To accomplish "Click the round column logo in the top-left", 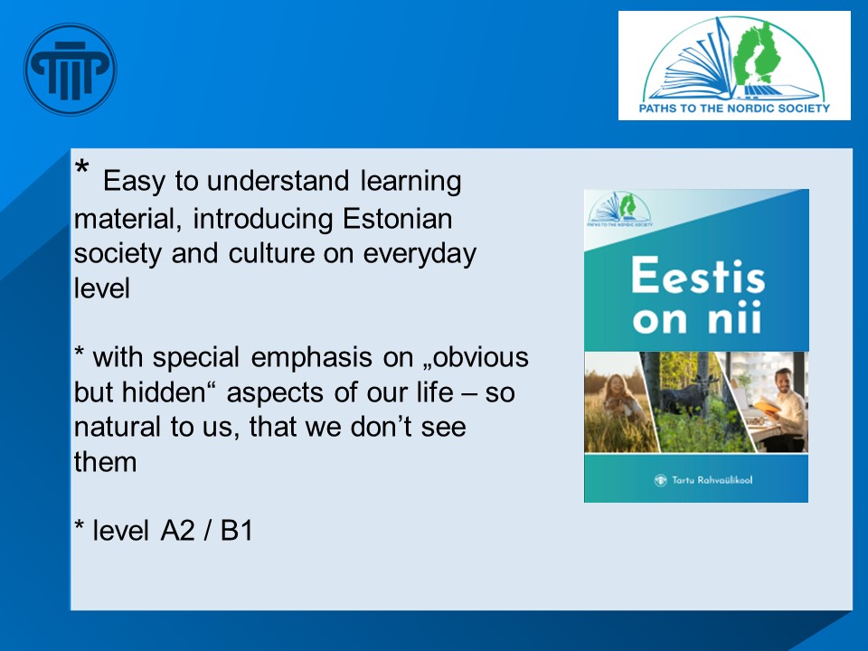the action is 71,70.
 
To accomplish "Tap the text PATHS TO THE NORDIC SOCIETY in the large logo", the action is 734,108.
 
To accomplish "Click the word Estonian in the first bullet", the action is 397,219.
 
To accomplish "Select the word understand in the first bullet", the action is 278,181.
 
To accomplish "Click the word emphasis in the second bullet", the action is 311,358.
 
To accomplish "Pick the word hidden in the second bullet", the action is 171,392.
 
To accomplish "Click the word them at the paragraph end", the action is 105,462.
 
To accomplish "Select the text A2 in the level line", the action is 178,531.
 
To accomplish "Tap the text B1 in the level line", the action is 237,531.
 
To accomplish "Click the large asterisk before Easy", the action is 81,166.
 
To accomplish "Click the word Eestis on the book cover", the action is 698,275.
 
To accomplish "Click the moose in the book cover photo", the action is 689,393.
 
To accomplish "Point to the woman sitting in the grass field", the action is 620,398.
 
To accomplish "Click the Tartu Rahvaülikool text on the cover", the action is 712,480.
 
